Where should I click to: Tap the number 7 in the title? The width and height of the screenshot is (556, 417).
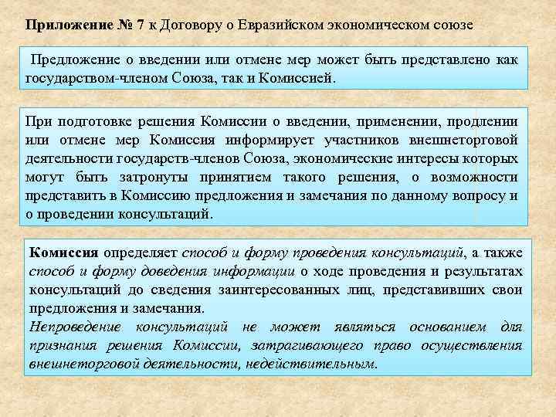point(140,25)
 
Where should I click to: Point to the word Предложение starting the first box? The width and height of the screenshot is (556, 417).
point(76,60)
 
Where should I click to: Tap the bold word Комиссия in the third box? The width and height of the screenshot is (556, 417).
point(63,253)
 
